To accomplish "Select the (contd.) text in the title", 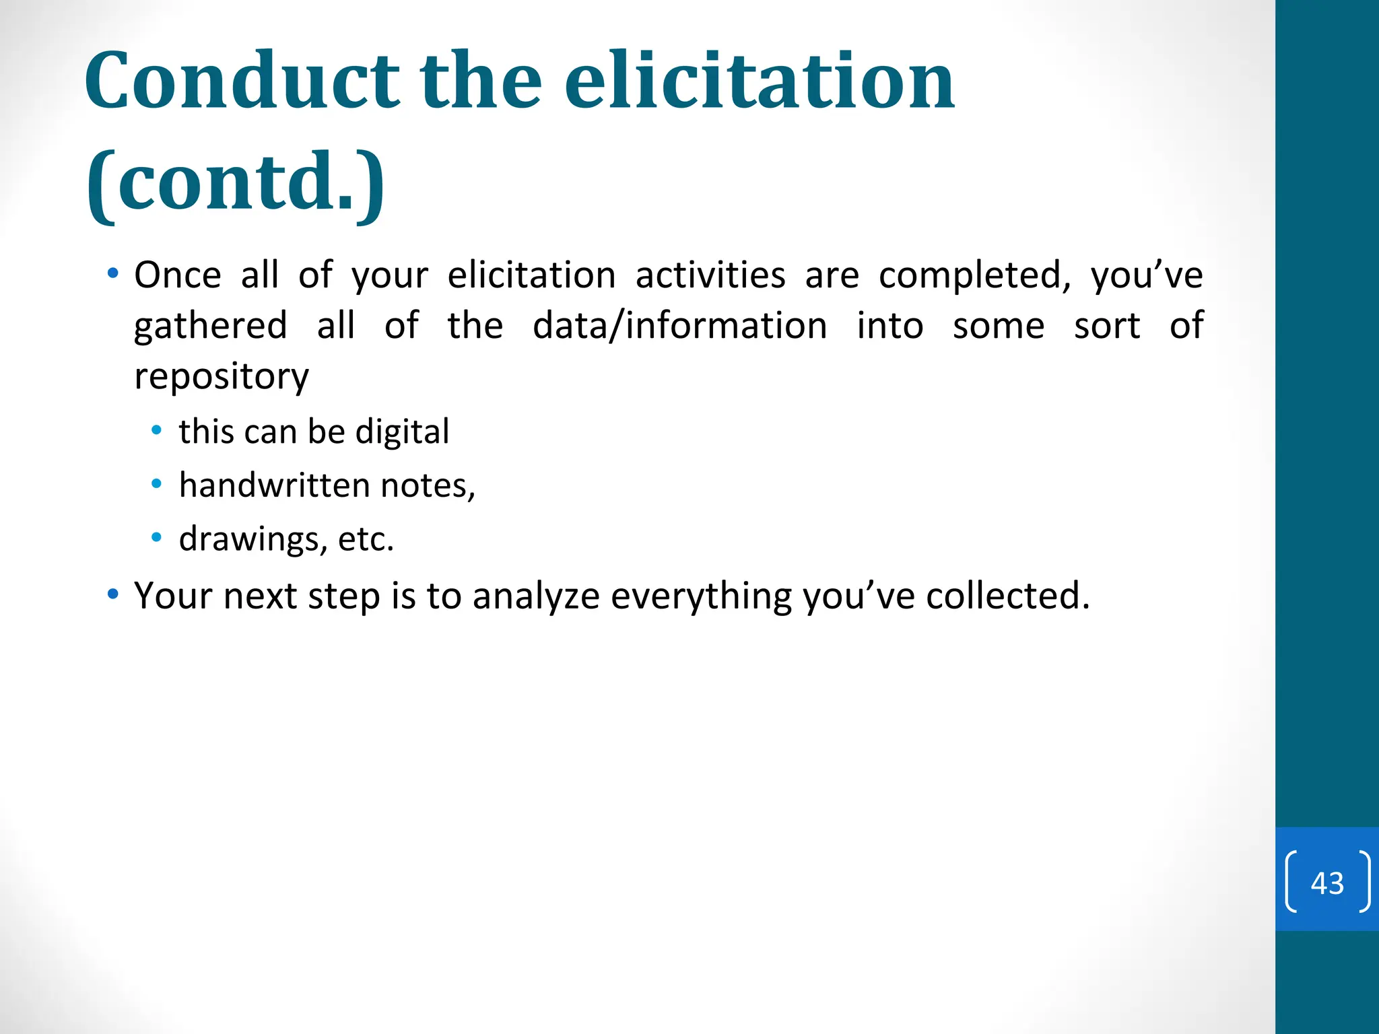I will pos(236,182).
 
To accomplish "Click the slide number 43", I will pos(1327,883).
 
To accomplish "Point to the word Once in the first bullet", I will pos(177,275).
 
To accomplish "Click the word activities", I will pos(710,275).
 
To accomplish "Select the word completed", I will pos(974,275).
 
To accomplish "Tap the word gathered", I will pos(211,326).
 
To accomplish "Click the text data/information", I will pos(679,326).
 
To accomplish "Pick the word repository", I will pos(222,377).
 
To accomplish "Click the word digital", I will pos(402,432).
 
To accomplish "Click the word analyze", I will pos(535,596).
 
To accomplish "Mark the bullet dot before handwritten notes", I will pos(157,484).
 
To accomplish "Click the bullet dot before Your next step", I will pos(113,594).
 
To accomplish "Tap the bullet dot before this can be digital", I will pos(157,430).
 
